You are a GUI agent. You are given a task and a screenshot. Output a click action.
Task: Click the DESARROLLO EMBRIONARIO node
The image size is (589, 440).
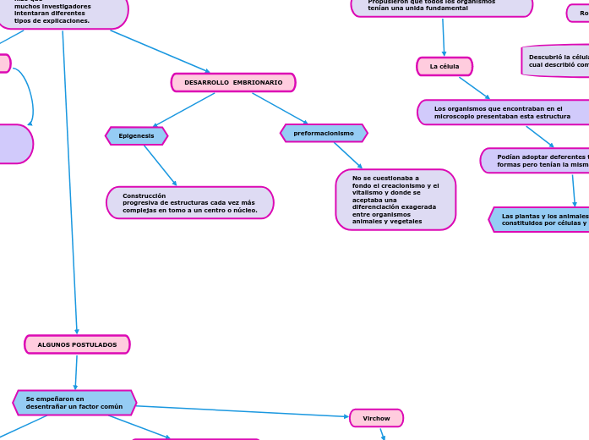coord(233,83)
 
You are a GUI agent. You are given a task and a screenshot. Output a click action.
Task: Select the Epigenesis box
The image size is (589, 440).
coord(136,136)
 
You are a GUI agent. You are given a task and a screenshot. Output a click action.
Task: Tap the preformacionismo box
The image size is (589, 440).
coord(324,134)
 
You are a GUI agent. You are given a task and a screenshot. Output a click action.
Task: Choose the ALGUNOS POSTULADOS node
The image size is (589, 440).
coord(77,344)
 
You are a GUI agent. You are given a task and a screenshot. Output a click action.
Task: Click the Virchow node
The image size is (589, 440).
coord(376,418)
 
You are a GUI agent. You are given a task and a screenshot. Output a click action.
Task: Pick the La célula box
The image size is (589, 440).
coord(444,67)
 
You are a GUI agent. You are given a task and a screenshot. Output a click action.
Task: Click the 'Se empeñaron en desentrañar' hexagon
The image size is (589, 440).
coord(74,403)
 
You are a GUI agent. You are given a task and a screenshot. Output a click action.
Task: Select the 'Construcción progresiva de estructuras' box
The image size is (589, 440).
coord(190,203)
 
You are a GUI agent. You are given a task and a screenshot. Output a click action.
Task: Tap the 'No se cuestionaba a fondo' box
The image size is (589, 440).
coord(395,200)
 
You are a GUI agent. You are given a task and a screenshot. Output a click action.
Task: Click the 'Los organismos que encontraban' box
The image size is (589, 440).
coord(503,113)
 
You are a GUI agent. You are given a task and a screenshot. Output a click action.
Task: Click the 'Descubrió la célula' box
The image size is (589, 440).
coord(556,61)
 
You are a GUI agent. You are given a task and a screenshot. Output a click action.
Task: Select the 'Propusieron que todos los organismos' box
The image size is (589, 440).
coord(441,6)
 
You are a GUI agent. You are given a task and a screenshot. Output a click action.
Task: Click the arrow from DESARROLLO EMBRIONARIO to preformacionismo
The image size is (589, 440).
coord(280,108)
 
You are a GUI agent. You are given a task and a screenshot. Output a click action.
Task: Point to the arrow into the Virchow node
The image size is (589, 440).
coord(243,411)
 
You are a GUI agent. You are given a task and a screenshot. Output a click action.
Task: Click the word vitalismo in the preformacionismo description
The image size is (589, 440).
coord(368,193)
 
